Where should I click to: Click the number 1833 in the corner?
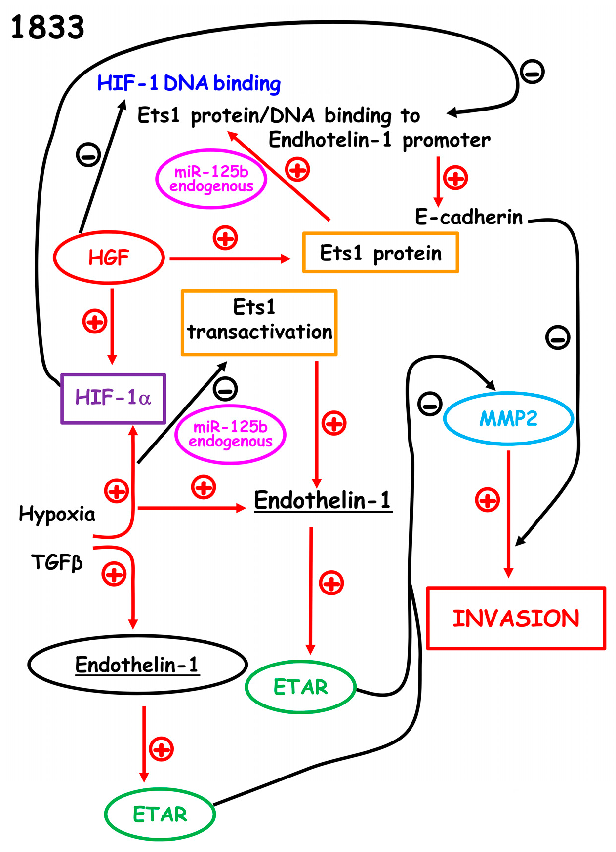[x=47, y=27]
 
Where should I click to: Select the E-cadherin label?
[x=469, y=217]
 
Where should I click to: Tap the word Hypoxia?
[x=57, y=514]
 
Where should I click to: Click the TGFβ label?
[x=57, y=562]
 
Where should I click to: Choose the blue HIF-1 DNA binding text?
[x=189, y=83]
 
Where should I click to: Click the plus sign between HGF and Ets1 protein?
[x=225, y=238]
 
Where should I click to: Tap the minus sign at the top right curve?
[x=532, y=72]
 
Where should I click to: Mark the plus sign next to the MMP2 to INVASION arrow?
[x=487, y=500]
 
